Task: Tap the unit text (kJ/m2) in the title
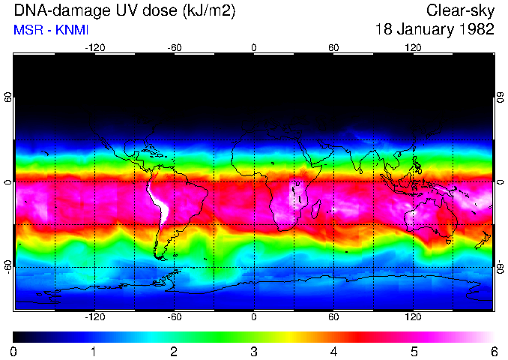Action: pos(205,11)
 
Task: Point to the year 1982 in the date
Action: pos(477,30)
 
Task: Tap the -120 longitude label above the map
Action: pos(94,47)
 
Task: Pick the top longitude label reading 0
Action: pos(254,47)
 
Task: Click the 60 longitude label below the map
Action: pos(333,317)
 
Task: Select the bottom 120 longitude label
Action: pos(414,317)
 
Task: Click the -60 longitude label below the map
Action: pos(174,317)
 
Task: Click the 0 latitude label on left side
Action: pos(8,182)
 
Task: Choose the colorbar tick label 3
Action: pos(254,351)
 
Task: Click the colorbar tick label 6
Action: pos(493,351)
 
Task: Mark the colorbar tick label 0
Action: pos(14,351)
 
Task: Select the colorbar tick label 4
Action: pos(334,351)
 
